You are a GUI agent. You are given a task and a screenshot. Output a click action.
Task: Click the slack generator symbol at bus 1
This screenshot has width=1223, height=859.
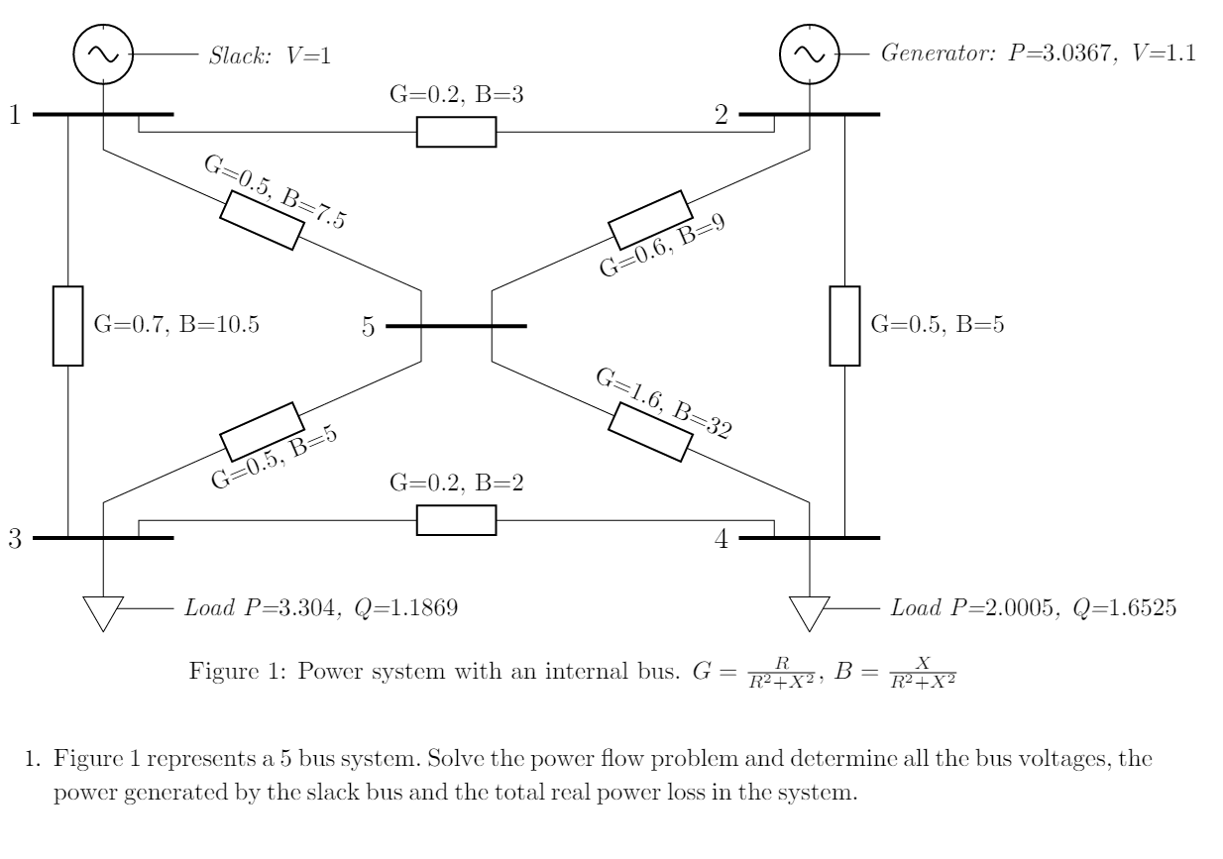103,54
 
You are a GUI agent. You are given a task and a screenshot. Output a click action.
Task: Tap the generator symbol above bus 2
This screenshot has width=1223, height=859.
810,54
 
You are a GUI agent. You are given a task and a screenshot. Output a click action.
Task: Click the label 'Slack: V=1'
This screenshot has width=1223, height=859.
268,55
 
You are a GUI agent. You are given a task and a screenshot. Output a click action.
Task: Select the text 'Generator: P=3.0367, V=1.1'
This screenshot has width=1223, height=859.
1038,54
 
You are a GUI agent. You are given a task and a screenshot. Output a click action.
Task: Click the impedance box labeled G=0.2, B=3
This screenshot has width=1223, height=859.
456,132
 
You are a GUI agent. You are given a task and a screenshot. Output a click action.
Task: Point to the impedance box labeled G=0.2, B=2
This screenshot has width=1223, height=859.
456,520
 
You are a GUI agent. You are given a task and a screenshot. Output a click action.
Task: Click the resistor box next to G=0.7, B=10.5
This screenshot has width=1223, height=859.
67,325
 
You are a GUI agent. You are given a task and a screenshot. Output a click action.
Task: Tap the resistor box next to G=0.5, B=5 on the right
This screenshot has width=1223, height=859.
844,325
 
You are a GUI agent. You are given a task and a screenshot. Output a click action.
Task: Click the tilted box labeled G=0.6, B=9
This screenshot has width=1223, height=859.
650,220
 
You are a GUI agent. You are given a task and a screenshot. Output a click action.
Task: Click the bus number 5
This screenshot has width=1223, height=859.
368,327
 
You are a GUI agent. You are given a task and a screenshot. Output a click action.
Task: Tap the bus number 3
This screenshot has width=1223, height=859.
15,540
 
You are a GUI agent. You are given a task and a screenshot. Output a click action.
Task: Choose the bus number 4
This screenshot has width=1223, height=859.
721,540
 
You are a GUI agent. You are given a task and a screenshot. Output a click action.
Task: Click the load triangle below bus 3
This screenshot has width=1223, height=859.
103,610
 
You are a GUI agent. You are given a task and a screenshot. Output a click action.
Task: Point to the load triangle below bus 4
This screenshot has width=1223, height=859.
810,610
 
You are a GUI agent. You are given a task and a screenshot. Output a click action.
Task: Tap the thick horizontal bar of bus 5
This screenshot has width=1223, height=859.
456,326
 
